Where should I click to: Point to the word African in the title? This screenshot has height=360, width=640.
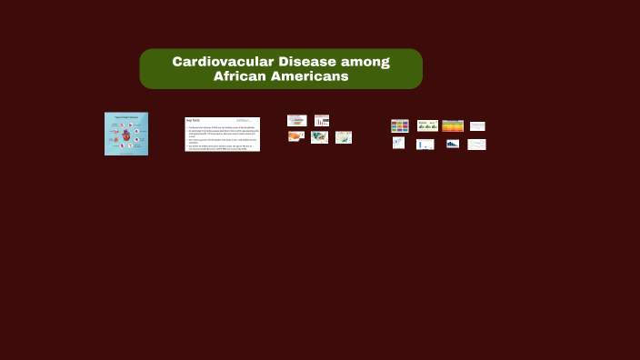pos(240,76)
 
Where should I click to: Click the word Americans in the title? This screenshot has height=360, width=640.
pos(309,76)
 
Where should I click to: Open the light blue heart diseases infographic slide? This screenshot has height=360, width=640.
pos(126,134)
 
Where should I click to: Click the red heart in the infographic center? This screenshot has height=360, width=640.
pos(126,135)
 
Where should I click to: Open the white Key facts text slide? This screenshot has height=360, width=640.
pos(222,134)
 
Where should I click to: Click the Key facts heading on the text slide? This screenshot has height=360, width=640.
pos(193,120)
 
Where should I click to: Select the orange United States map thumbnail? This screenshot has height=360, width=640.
pos(296,136)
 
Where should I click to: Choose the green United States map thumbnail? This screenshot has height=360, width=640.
pos(319,137)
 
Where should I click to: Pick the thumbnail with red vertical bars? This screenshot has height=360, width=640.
pos(322,120)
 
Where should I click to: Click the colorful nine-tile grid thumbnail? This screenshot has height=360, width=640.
pos(400,126)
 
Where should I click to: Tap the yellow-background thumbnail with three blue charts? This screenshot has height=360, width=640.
pos(427,125)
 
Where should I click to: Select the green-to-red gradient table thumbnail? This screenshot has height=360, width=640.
pos(453,126)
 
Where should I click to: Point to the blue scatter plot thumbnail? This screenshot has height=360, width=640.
pos(398,143)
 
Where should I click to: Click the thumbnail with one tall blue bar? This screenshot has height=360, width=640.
pos(425,144)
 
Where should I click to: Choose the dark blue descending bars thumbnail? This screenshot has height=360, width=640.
pos(452,144)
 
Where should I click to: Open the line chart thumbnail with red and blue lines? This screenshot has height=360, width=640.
pos(476,144)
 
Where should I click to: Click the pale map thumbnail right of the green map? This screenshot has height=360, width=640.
pos(344,137)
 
